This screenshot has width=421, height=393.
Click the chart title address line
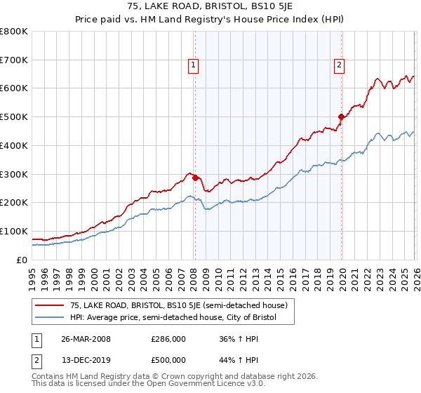[210, 8]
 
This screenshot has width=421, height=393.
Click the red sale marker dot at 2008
[195, 178]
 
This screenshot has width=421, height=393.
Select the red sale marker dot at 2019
[340, 116]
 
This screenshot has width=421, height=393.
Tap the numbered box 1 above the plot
[193, 65]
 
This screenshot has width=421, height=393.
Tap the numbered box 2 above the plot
[339, 65]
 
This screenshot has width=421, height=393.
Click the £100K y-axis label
[14, 231]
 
